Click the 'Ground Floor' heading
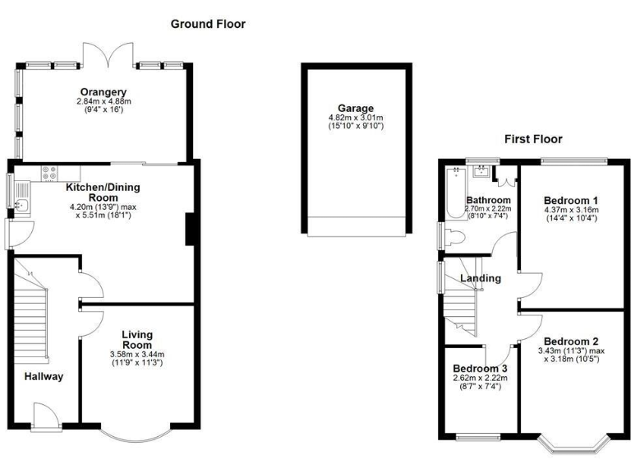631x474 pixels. pyautogui.click(x=208, y=24)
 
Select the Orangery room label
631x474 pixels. pyautogui.click(x=104, y=91)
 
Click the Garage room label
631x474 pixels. pyautogui.click(x=355, y=108)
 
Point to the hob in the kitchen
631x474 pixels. pyautogui.click(x=48, y=173)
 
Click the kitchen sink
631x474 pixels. pyautogui.click(x=21, y=205)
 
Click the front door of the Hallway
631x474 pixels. pyautogui.click(x=47, y=417)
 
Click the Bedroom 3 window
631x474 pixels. pyautogui.click(x=472, y=435)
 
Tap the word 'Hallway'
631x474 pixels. pyautogui.click(x=43, y=376)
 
